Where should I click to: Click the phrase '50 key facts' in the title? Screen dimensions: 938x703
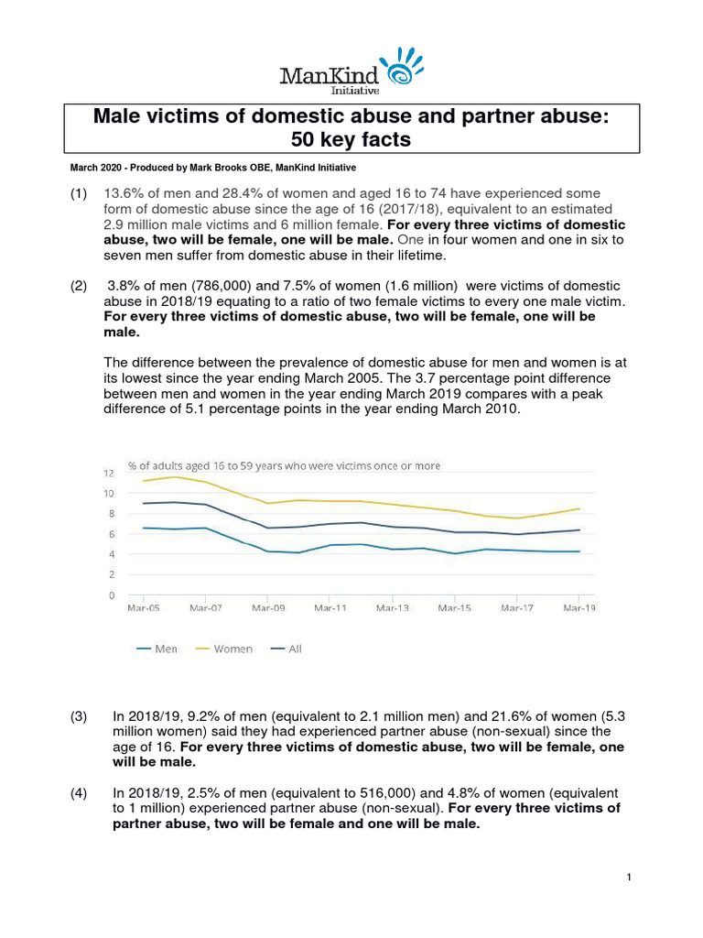(x=351, y=139)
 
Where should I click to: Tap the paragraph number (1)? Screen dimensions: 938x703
(x=80, y=194)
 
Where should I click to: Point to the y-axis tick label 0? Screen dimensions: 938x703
(x=111, y=595)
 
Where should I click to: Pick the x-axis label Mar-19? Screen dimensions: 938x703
(x=579, y=607)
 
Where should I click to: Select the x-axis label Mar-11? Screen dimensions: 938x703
(x=330, y=607)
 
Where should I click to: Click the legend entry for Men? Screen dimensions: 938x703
(x=157, y=649)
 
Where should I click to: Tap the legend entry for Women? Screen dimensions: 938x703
(x=222, y=649)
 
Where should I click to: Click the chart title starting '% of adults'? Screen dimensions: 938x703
(x=284, y=465)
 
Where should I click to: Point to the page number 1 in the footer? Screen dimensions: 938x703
(x=630, y=878)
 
